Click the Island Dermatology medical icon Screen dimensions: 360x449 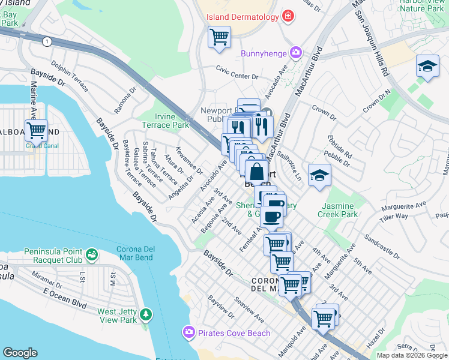click(x=289, y=16)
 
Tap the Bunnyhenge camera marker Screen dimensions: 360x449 click(x=295, y=53)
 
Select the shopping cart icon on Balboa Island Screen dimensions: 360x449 click(x=37, y=129)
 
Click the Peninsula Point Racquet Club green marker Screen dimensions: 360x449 click(x=91, y=256)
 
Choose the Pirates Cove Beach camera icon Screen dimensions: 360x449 click(x=189, y=332)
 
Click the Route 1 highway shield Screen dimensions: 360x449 click(x=46, y=41)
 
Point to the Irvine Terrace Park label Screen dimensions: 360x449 click(x=165, y=121)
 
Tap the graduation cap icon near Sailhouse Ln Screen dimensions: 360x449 click(x=319, y=175)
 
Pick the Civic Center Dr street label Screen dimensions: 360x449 click(x=237, y=77)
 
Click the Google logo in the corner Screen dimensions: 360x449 click(x=20, y=353)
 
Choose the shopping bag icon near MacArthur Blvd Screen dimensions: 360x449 click(x=256, y=172)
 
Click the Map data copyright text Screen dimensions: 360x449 click(x=411, y=355)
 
